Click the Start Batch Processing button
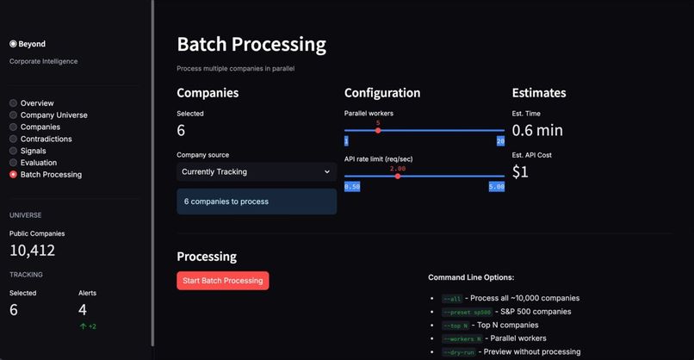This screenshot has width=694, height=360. [223, 281]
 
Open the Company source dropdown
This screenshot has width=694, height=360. [256, 171]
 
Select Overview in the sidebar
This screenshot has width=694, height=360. [37, 103]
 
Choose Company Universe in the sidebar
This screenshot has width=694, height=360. [53, 115]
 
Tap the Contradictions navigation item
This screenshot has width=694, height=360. [46, 139]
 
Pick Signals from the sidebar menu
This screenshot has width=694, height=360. [33, 151]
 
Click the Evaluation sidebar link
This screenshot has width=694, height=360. [39, 163]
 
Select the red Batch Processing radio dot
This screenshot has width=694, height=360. [13, 175]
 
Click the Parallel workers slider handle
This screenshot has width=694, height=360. [378, 130]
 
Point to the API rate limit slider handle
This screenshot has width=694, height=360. [397, 176]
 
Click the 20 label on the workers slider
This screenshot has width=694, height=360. [500, 140]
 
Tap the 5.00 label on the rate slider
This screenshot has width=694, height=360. [496, 186]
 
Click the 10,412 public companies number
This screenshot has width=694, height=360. [33, 251]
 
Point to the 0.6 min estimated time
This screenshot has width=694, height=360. [537, 130]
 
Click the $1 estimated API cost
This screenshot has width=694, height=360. [520, 171]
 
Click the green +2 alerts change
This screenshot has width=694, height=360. [87, 326]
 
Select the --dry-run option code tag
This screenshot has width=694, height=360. [454, 352]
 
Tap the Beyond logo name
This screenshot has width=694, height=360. [33, 44]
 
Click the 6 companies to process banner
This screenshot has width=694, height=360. [256, 202]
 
